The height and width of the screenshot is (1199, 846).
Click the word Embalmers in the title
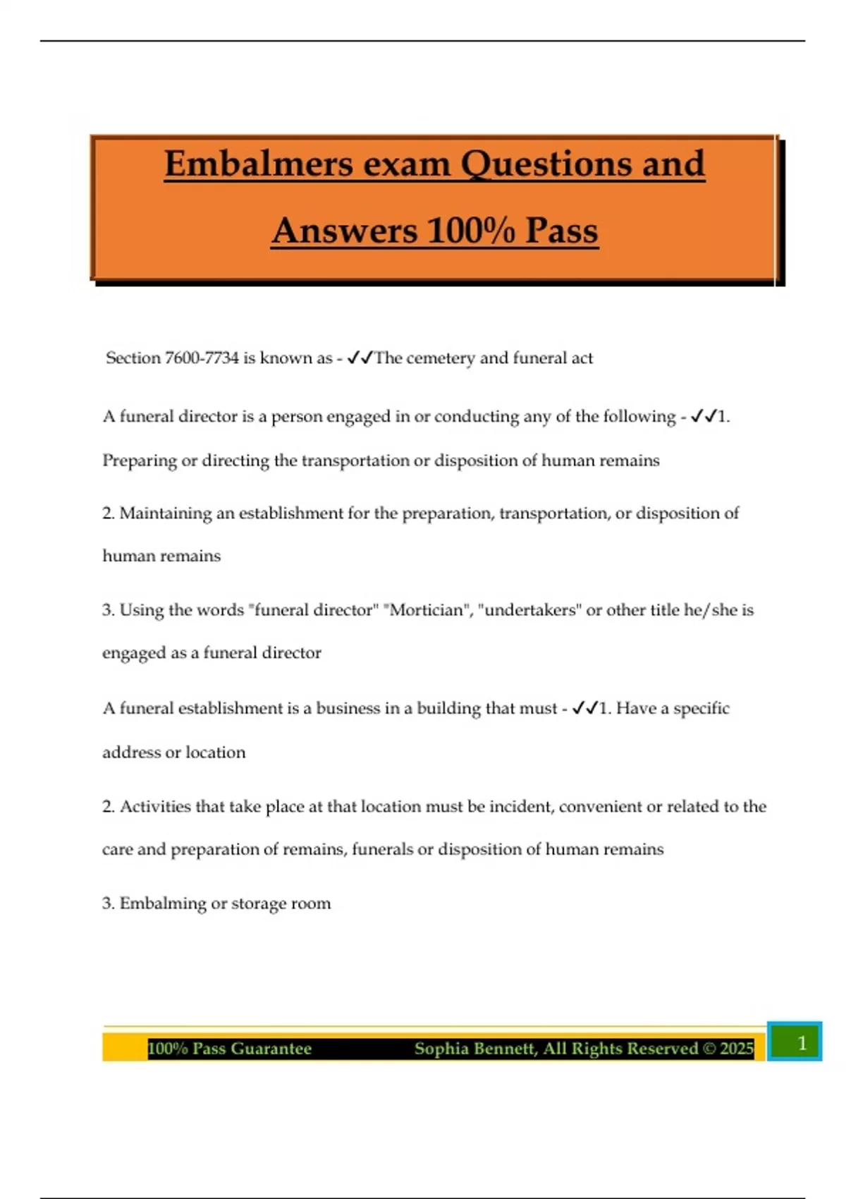pos(258,164)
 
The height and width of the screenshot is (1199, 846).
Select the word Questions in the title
pos(547,164)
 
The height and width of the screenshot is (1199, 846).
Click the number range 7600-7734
pos(202,358)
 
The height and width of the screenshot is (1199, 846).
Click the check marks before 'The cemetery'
pos(360,358)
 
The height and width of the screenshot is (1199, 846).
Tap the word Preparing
pos(140,461)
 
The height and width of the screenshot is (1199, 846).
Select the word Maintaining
pos(165,513)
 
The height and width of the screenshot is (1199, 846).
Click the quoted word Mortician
pos(427,610)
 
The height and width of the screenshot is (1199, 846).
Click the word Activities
pos(155,807)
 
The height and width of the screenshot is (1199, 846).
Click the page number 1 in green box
pos(801,1042)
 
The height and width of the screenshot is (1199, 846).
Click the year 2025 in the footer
pos(737,1049)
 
